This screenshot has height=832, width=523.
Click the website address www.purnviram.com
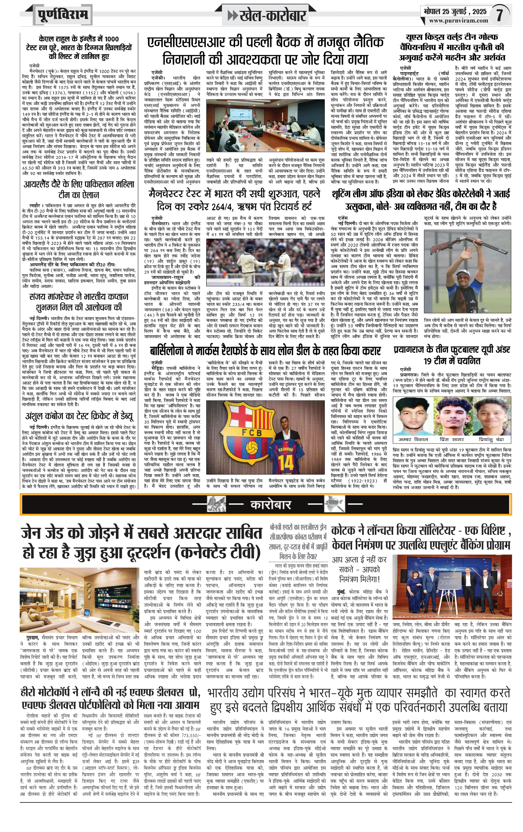[458, 21]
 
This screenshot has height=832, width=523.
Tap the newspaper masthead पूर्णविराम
[63, 15]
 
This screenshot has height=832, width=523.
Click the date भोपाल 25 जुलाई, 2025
[455, 11]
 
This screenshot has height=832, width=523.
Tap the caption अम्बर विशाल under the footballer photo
[413, 439]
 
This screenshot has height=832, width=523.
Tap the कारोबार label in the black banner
[271, 505]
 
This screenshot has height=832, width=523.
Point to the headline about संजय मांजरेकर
[79, 302]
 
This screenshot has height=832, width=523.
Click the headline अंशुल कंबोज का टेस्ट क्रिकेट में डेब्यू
[79, 416]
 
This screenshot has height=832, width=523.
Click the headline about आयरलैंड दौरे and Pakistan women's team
[79, 189]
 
